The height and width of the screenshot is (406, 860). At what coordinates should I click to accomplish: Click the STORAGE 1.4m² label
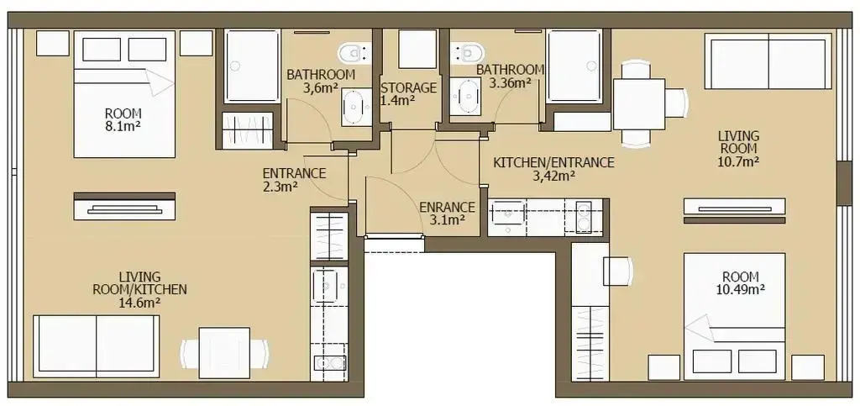[409, 94]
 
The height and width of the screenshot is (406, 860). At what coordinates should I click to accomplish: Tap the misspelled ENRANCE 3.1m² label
[447, 214]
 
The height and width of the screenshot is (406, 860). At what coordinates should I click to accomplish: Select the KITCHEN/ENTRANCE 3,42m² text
[553, 169]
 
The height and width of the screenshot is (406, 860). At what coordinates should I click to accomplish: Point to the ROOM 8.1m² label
[123, 119]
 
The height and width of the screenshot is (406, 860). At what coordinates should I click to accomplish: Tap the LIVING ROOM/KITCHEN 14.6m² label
[140, 289]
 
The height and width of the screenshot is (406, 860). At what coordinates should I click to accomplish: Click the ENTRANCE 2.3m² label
[294, 180]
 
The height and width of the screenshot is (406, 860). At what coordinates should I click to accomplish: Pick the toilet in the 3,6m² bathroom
[354, 53]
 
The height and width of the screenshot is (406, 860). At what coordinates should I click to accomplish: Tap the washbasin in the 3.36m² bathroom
[466, 97]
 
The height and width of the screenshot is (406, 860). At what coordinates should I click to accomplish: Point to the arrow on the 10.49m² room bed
[735, 328]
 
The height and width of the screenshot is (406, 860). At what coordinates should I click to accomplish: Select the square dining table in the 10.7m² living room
[639, 103]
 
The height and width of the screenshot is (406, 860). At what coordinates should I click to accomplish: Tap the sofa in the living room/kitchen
[96, 346]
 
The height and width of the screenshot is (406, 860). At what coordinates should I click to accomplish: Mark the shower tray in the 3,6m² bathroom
[252, 66]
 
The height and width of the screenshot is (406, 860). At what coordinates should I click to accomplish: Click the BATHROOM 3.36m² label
[510, 76]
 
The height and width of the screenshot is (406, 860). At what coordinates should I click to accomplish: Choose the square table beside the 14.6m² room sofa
[224, 353]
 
